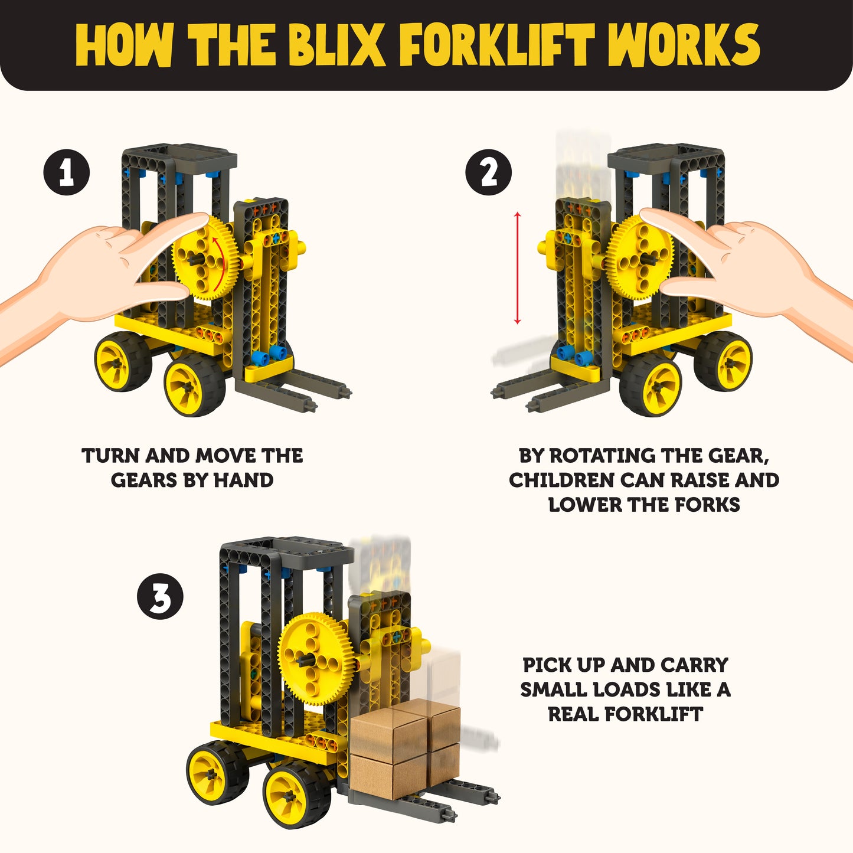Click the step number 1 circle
click(x=66, y=173)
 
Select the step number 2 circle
click(x=488, y=173)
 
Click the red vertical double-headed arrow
click(x=518, y=267)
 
